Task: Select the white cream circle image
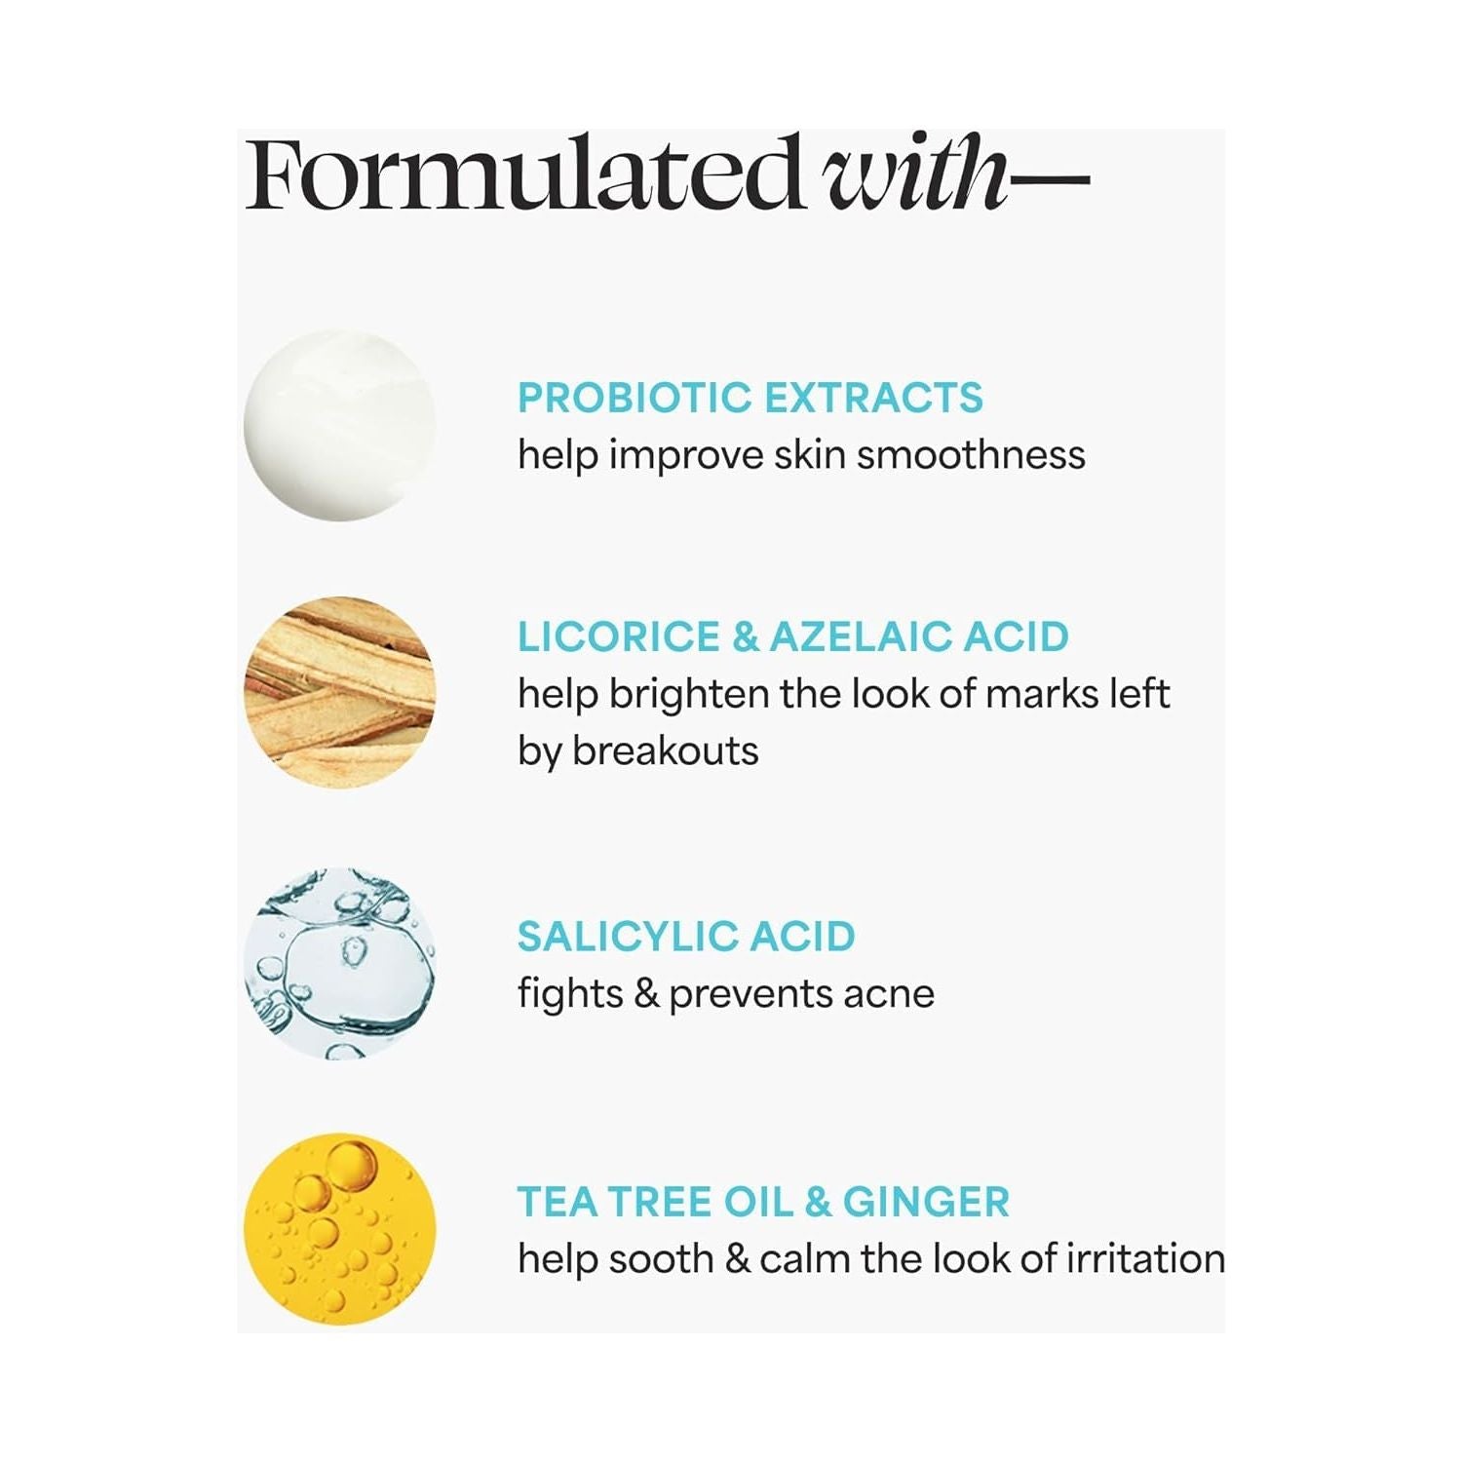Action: pyautogui.click(x=339, y=425)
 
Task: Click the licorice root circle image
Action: pyautogui.click(x=339, y=692)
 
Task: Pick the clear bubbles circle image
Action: pyautogui.click(x=339, y=963)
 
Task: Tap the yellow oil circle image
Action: pyautogui.click(x=339, y=1228)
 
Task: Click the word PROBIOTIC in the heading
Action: pyautogui.click(x=635, y=398)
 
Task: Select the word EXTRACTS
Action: pyautogui.click(x=873, y=398)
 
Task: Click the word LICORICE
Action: pyautogui.click(x=619, y=636)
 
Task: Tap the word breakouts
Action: pyautogui.click(x=665, y=751)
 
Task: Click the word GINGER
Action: pyautogui.click(x=926, y=1202)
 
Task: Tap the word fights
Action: pyautogui.click(x=570, y=994)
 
